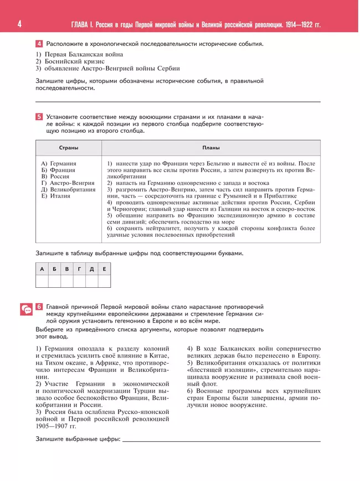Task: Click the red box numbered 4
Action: (x=39, y=44)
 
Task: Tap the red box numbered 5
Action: (x=39, y=117)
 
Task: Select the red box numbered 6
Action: (x=39, y=307)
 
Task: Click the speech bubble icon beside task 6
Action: (x=26, y=309)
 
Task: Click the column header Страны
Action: (x=69, y=148)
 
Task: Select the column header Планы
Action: (x=210, y=148)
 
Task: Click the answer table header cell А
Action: (x=42, y=269)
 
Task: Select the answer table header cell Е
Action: (x=104, y=269)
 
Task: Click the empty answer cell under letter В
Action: (x=67, y=281)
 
